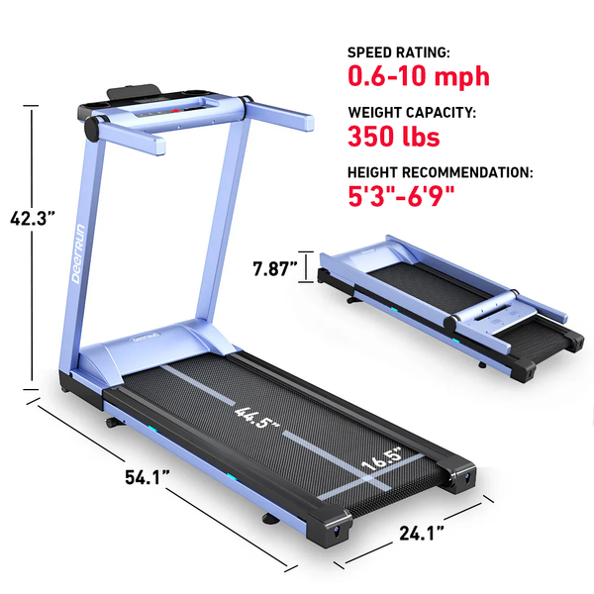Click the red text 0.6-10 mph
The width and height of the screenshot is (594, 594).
pos(417,75)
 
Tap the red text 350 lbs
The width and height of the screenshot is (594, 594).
pos(394,135)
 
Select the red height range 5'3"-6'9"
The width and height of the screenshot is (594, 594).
pos(401,195)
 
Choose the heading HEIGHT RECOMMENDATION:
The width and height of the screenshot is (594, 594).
pos(440,172)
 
